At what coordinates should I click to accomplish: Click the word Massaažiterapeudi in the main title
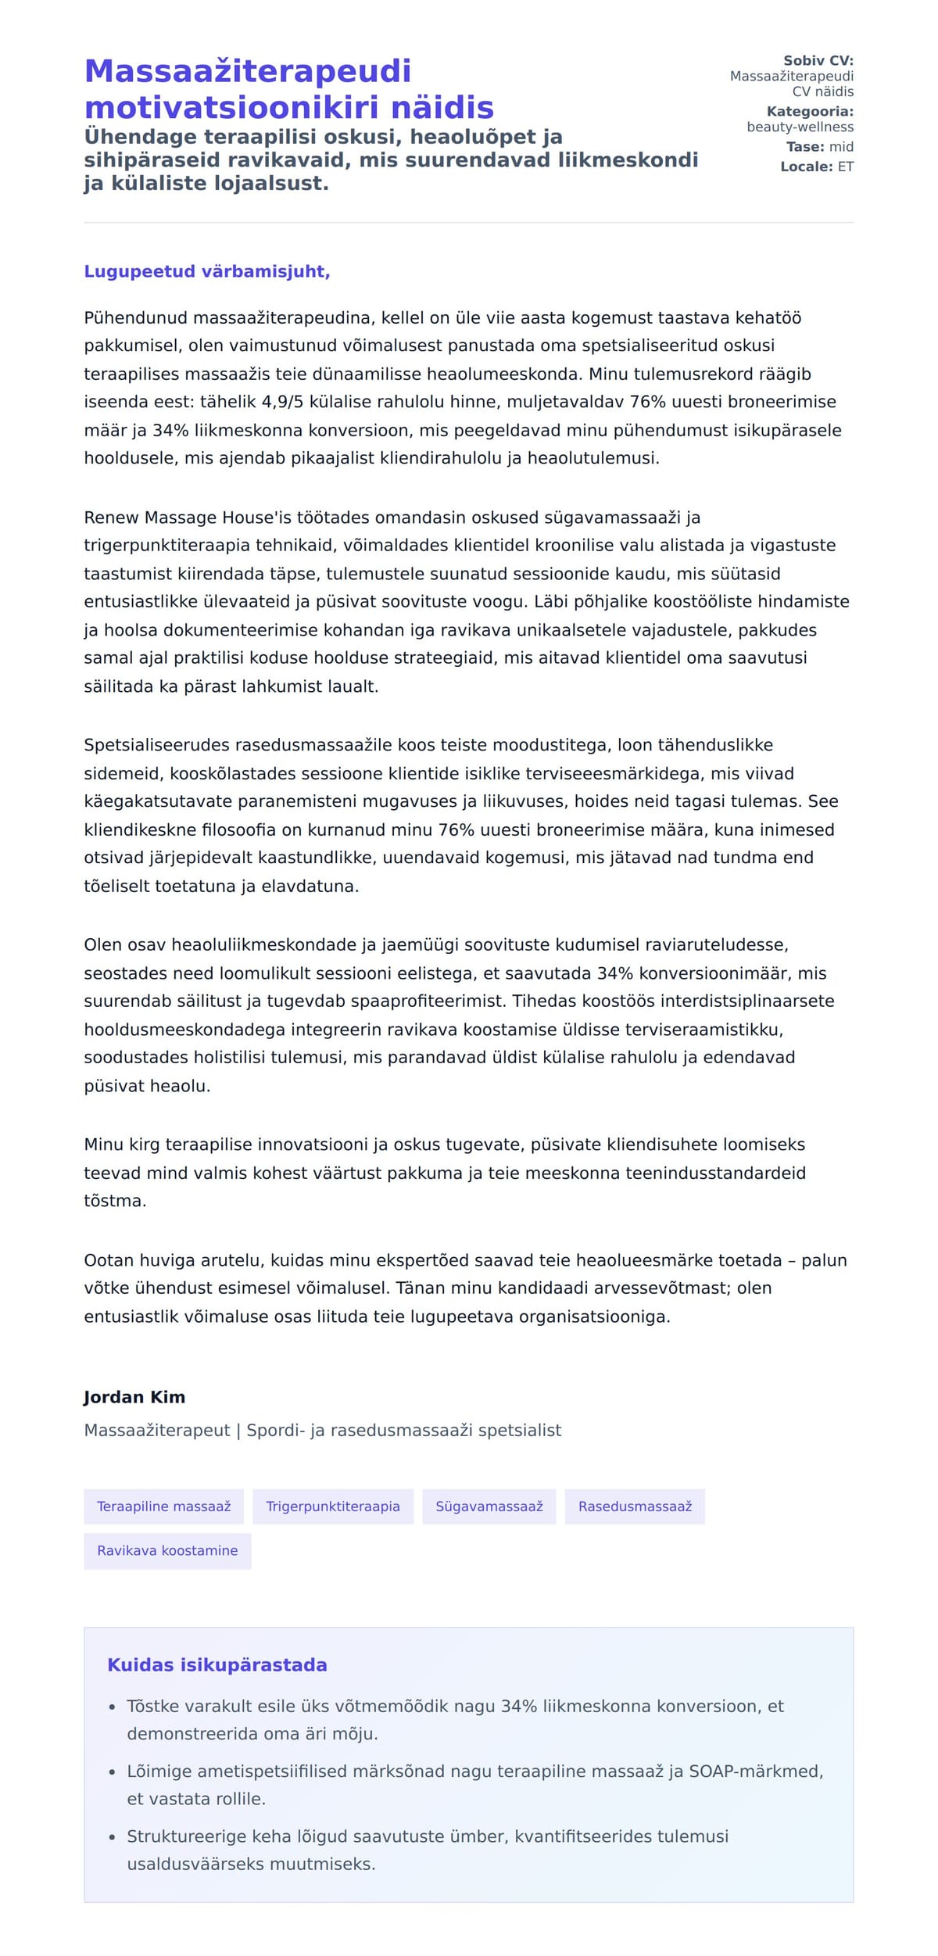(x=247, y=71)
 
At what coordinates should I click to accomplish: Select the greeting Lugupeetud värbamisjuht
(x=207, y=271)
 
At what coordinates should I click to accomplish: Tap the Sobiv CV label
(x=818, y=61)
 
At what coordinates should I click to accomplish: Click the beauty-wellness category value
(x=800, y=127)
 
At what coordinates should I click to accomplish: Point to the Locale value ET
(x=845, y=167)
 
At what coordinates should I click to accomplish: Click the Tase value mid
(x=841, y=147)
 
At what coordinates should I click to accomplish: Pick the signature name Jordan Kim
(x=134, y=1397)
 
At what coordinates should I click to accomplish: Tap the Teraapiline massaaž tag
(x=163, y=1506)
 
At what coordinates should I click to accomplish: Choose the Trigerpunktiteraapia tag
(x=332, y=1506)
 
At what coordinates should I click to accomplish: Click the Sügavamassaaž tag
(x=489, y=1506)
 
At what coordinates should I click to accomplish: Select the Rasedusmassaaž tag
(x=635, y=1506)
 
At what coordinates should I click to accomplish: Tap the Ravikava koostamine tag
(x=167, y=1550)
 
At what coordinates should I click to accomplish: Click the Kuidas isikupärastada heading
(x=217, y=1665)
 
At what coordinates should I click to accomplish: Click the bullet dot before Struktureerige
(x=113, y=1837)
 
